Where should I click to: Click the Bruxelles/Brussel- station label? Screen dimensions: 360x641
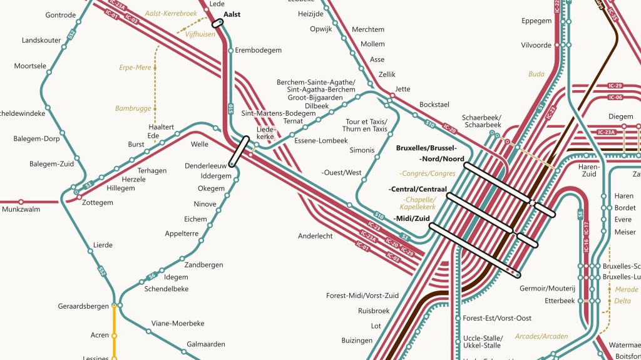[x=426, y=148]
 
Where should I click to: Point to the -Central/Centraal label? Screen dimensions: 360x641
[x=418, y=188]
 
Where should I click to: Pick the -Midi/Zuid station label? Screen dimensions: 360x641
[x=412, y=218]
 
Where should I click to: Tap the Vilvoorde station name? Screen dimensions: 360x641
[x=536, y=45]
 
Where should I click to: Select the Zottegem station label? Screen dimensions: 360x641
[x=98, y=202]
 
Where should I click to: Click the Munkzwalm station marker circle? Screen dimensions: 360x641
[x=21, y=202]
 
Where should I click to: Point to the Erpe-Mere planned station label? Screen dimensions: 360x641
[x=135, y=67]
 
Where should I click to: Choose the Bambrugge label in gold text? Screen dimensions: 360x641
[x=133, y=108]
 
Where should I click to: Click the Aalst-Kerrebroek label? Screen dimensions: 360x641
[x=171, y=13]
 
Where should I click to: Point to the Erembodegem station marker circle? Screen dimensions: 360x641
[x=230, y=50]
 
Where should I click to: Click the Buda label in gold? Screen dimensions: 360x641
[x=536, y=74]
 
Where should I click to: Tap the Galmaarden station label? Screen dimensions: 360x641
[x=206, y=344]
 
